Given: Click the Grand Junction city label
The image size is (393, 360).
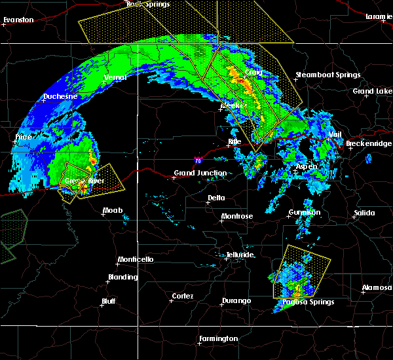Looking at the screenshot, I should point(200,173).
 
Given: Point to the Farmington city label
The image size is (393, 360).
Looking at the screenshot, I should point(218,338).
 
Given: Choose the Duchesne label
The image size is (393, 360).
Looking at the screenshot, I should point(60,97).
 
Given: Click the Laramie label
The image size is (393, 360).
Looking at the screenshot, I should point(379,16).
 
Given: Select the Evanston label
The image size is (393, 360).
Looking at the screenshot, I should point(18,20).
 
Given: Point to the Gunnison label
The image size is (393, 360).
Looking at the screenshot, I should point(305,213).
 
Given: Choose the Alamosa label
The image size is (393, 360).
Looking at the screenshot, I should point(377,288).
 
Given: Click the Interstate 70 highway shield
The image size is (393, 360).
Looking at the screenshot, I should point(198,160).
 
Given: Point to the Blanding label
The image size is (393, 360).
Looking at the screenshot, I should point(122,278).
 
